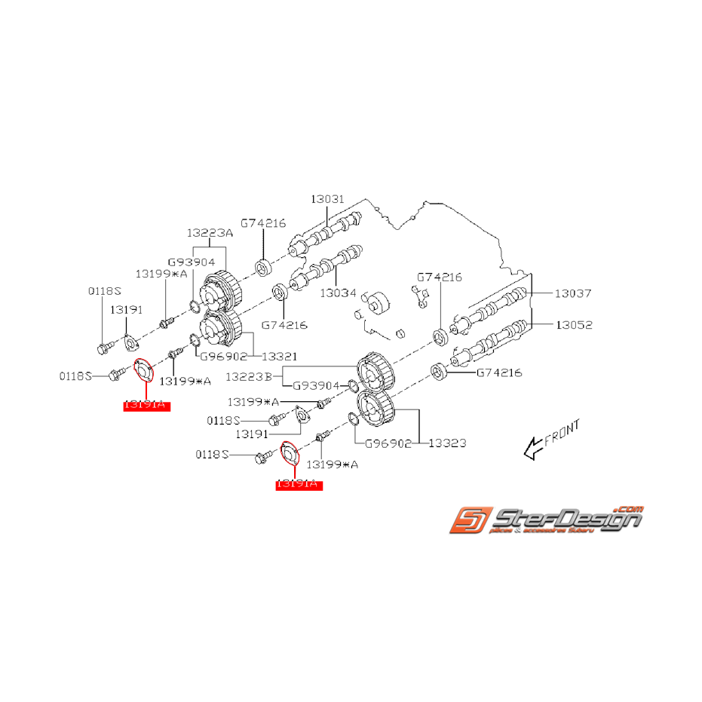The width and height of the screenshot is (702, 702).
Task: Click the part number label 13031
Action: pos(327,199)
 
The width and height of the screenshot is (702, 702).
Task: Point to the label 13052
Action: pos(574,325)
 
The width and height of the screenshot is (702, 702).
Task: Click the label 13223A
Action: pos(210,234)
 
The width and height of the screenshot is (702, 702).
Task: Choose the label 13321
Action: pos(279,355)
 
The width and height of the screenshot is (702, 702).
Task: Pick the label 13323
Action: pos(447,443)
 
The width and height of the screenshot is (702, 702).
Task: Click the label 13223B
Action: pos(258,375)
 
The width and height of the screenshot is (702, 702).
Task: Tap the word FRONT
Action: pos(563,433)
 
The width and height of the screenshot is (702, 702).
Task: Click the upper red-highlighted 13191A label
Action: pos(148,405)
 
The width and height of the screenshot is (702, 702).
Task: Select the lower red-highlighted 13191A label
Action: pos(299,485)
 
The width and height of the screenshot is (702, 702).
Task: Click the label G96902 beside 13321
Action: pos(224,355)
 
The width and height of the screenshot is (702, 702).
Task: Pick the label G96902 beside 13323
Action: pos(388,443)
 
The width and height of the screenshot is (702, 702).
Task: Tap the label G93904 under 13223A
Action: pos(192,262)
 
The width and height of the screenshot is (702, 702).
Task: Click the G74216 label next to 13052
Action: pos(498,372)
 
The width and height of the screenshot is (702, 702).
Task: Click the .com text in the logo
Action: pos(630,507)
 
